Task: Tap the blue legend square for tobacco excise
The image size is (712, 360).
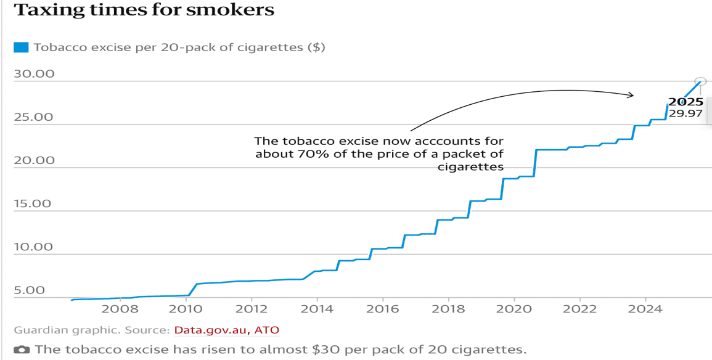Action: [x=21, y=47]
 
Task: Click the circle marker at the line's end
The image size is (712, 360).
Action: [x=700, y=81]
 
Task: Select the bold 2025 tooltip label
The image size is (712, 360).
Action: [x=685, y=102]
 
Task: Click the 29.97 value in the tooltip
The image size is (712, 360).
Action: [x=685, y=114]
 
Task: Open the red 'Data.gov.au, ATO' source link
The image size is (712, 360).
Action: [x=226, y=330]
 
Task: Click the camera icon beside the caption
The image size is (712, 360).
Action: [x=22, y=350]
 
